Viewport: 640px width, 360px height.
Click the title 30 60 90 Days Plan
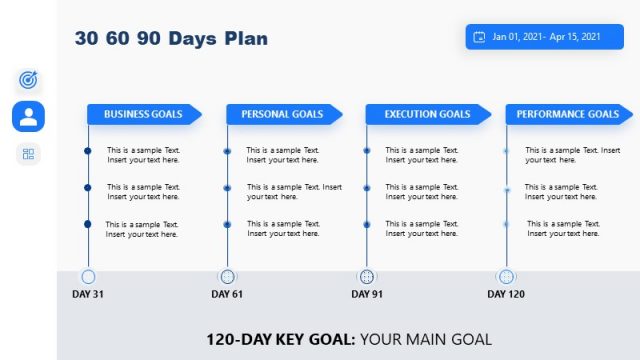click(171, 39)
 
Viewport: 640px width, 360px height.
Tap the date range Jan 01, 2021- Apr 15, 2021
click(546, 37)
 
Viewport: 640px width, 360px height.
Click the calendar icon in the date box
click(480, 37)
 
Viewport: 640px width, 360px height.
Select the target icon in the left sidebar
click(28, 79)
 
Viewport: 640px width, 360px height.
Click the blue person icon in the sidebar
click(28, 116)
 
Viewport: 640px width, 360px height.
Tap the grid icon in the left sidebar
click(28, 154)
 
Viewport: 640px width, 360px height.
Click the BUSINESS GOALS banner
click(143, 114)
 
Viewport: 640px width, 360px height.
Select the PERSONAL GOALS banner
click(282, 114)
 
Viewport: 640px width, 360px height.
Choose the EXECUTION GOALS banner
click(427, 114)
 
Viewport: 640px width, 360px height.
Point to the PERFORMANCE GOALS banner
click(567, 114)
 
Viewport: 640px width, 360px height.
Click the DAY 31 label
click(88, 294)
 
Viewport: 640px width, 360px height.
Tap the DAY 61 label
click(227, 294)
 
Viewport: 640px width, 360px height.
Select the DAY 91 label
click(367, 294)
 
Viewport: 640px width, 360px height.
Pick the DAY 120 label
click(506, 294)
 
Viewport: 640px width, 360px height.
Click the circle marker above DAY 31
click(88, 276)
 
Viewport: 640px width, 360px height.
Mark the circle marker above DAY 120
click(506, 276)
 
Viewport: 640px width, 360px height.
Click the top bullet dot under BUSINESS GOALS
click(88, 151)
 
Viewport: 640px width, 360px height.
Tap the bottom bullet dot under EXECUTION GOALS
click(367, 224)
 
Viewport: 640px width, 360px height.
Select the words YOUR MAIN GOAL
click(426, 339)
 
